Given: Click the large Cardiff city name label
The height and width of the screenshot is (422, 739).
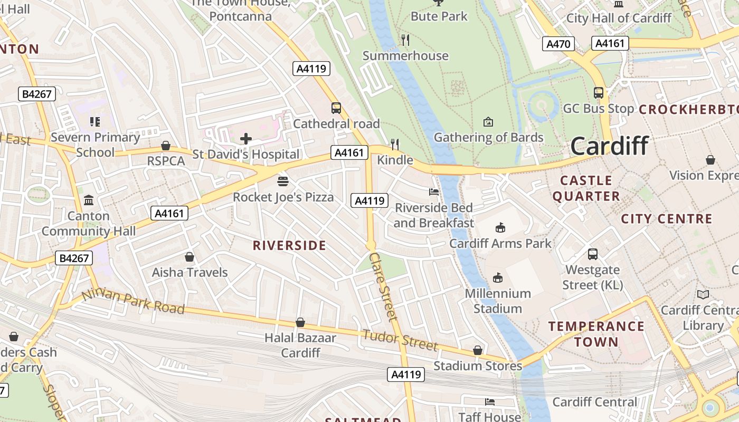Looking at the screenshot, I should [x=609, y=146].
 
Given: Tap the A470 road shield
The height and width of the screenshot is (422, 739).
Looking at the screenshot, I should [x=558, y=44].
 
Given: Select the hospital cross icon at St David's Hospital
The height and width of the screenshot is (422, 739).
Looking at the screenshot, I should [x=245, y=139].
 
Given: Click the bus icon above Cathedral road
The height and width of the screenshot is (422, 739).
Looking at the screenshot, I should [x=336, y=108].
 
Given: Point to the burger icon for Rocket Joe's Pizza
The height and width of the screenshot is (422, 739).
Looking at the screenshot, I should [x=283, y=181].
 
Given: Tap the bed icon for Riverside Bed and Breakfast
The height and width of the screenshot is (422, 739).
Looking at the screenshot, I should [x=434, y=192].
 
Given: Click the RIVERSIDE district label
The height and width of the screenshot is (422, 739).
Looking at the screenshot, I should [x=289, y=245].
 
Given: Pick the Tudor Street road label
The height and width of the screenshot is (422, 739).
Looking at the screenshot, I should [x=400, y=340].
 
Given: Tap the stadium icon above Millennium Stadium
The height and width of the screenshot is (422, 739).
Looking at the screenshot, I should [x=497, y=277].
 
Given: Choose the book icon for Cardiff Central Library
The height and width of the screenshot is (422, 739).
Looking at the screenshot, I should [x=703, y=294].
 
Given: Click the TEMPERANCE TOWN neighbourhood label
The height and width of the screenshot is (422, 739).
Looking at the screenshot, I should [x=596, y=334].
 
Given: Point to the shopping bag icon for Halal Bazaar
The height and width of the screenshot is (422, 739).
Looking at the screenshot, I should [x=300, y=322].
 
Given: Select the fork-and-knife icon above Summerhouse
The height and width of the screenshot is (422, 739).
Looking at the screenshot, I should [x=405, y=40].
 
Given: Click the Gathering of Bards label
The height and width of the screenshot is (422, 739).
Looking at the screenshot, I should [x=488, y=138].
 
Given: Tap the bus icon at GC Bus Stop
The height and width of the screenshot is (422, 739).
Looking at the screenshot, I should [x=598, y=93].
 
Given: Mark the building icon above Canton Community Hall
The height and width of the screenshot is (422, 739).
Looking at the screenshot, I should [x=89, y=200].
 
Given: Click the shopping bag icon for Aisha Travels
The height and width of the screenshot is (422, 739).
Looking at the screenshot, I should [x=190, y=257].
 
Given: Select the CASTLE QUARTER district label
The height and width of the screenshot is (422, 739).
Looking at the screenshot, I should [x=586, y=188].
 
